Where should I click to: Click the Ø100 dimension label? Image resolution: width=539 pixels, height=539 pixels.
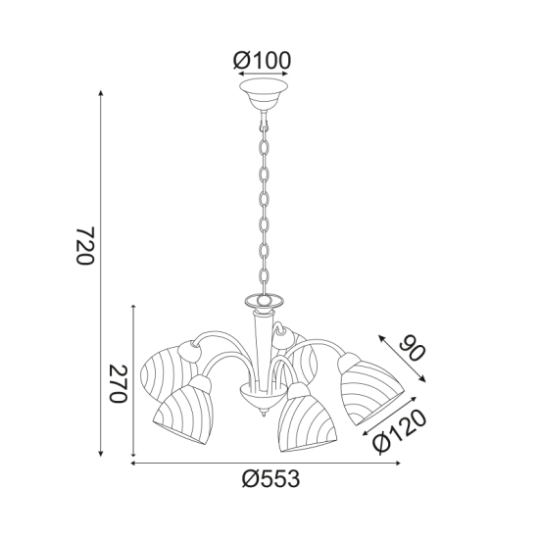[263, 61]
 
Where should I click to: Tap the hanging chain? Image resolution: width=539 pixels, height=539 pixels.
[263, 206]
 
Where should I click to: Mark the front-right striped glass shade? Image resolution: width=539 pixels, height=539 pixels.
[306, 418]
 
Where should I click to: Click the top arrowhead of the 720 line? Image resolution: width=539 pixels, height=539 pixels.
[102, 93]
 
